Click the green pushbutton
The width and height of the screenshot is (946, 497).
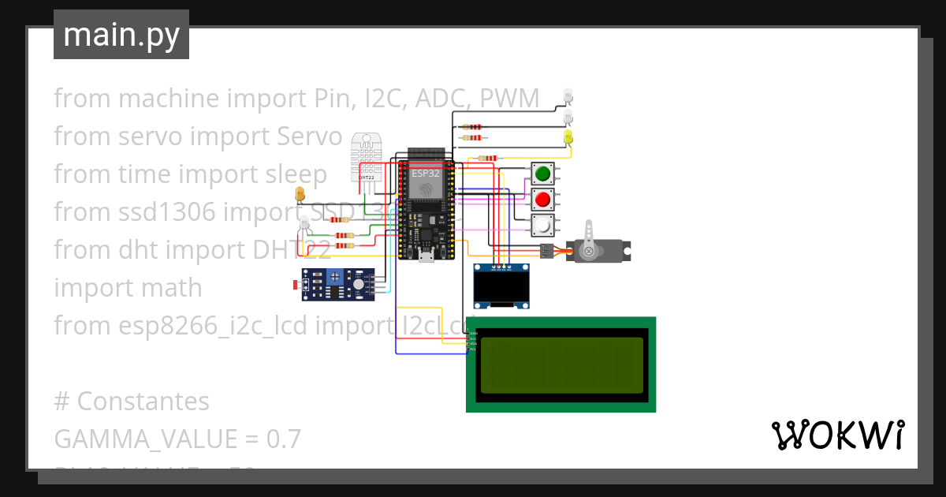pos(542,174)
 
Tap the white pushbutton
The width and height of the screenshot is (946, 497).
pos(542,226)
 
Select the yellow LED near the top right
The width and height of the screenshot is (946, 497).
pos(568,136)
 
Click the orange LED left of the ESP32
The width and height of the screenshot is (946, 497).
pos(299,193)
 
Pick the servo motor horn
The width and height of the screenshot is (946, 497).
pos(587,251)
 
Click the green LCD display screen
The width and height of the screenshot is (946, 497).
pos(561,365)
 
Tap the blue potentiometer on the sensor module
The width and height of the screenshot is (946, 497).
pos(336,276)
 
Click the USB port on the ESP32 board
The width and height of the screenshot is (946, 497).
pos(426,256)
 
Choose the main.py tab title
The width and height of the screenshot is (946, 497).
pos(121,35)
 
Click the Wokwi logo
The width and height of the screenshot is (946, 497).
pos(837,435)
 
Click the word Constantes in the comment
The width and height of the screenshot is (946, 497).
pos(143,402)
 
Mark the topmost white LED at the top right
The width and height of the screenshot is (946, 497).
pos(568,95)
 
